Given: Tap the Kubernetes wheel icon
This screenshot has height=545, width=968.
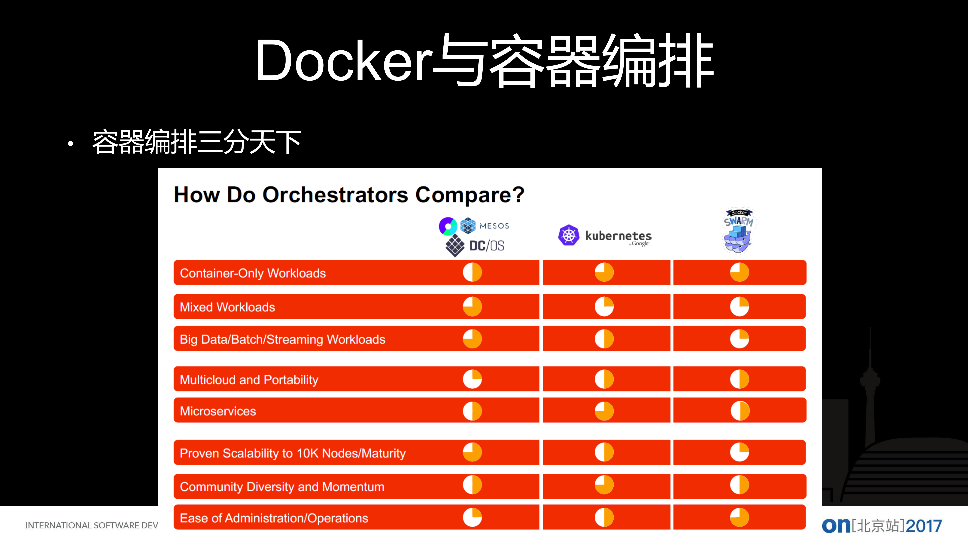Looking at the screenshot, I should pyautogui.click(x=569, y=235).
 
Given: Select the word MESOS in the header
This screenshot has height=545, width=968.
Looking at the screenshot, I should pyautogui.click(x=494, y=226).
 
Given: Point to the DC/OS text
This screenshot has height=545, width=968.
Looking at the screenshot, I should pyautogui.click(x=487, y=246).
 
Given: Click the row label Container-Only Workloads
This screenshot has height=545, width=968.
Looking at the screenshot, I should pyautogui.click(x=252, y=273).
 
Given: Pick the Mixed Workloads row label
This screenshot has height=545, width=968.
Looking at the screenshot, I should pyautogui.click(x=227, y=307).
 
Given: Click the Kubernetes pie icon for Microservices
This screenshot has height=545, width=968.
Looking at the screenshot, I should pyautogui.click(x=604, y=411).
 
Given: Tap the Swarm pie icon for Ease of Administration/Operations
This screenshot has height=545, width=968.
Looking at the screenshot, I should pyautogui.click(x=739, y=518).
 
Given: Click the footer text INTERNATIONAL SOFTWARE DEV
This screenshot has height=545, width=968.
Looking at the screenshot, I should pyautogui.click(x=92, y=526).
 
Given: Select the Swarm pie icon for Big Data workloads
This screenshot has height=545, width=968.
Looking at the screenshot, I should pyautogui.click(x=739, y=339).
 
